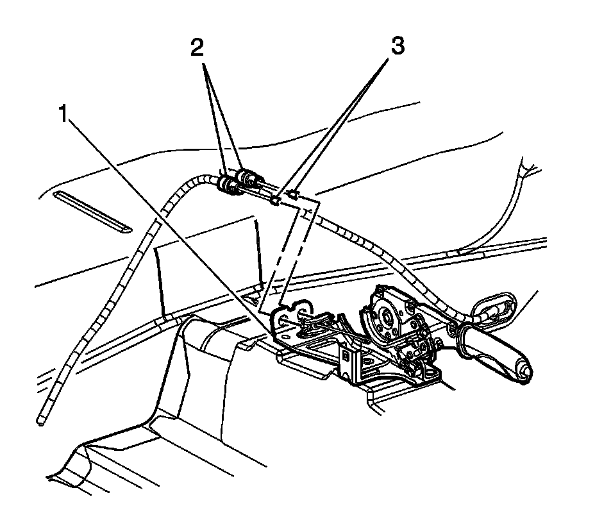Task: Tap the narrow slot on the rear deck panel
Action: [94, 210]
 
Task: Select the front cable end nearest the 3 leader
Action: [275, 201]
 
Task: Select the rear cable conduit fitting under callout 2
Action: [244, 176]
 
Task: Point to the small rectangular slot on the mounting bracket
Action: [346, 353]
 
